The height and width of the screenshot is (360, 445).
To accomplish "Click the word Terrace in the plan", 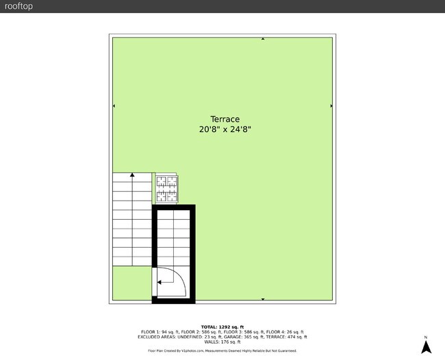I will pos(220,119).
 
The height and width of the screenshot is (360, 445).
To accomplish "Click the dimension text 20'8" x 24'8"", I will pos(220,129).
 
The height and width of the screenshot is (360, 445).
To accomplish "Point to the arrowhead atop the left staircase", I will pos(132,175).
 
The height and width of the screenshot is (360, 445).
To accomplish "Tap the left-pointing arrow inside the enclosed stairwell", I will pos(160,281).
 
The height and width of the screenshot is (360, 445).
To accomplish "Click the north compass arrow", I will pos(426,347).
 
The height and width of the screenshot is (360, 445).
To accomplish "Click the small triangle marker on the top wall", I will pos(263,39).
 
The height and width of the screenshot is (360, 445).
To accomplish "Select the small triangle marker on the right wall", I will pos(331,106).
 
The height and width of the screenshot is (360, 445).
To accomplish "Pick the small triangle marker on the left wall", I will pos(114,106).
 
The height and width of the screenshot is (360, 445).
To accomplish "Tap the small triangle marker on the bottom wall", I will pos(263,300).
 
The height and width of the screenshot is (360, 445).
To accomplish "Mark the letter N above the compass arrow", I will pos(426,337).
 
